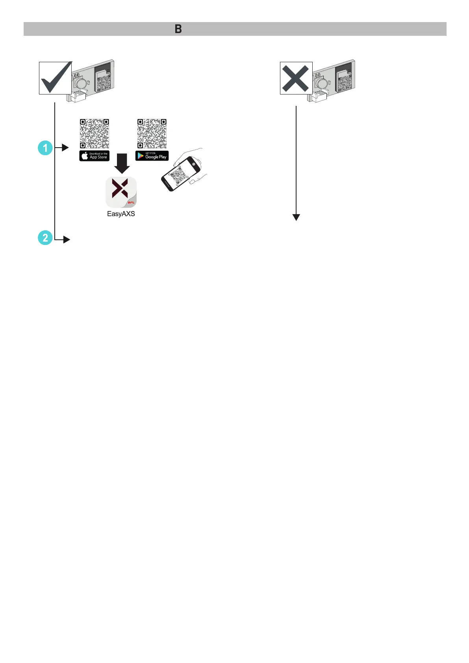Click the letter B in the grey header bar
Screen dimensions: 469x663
[178, 29]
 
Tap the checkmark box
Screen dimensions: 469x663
[55, 78]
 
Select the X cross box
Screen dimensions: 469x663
[296, 78]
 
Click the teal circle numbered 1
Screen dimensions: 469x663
[45, 148]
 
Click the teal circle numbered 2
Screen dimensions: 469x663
[45, 238]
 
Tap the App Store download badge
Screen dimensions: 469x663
[95, 156]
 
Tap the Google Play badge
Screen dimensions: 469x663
[152, 156]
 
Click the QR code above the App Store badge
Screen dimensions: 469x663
[95, 134]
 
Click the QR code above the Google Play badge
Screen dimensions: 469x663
[152, 134]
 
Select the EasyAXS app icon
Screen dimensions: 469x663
[121, 192]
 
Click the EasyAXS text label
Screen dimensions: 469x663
[121, 214]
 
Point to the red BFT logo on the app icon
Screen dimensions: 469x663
[131, 203]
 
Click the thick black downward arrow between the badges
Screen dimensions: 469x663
[122, 163]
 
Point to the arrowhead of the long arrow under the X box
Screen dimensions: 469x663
[296, 217]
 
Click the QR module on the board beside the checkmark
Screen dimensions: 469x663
[104, 81]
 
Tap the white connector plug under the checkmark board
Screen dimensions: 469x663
[79, 96]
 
